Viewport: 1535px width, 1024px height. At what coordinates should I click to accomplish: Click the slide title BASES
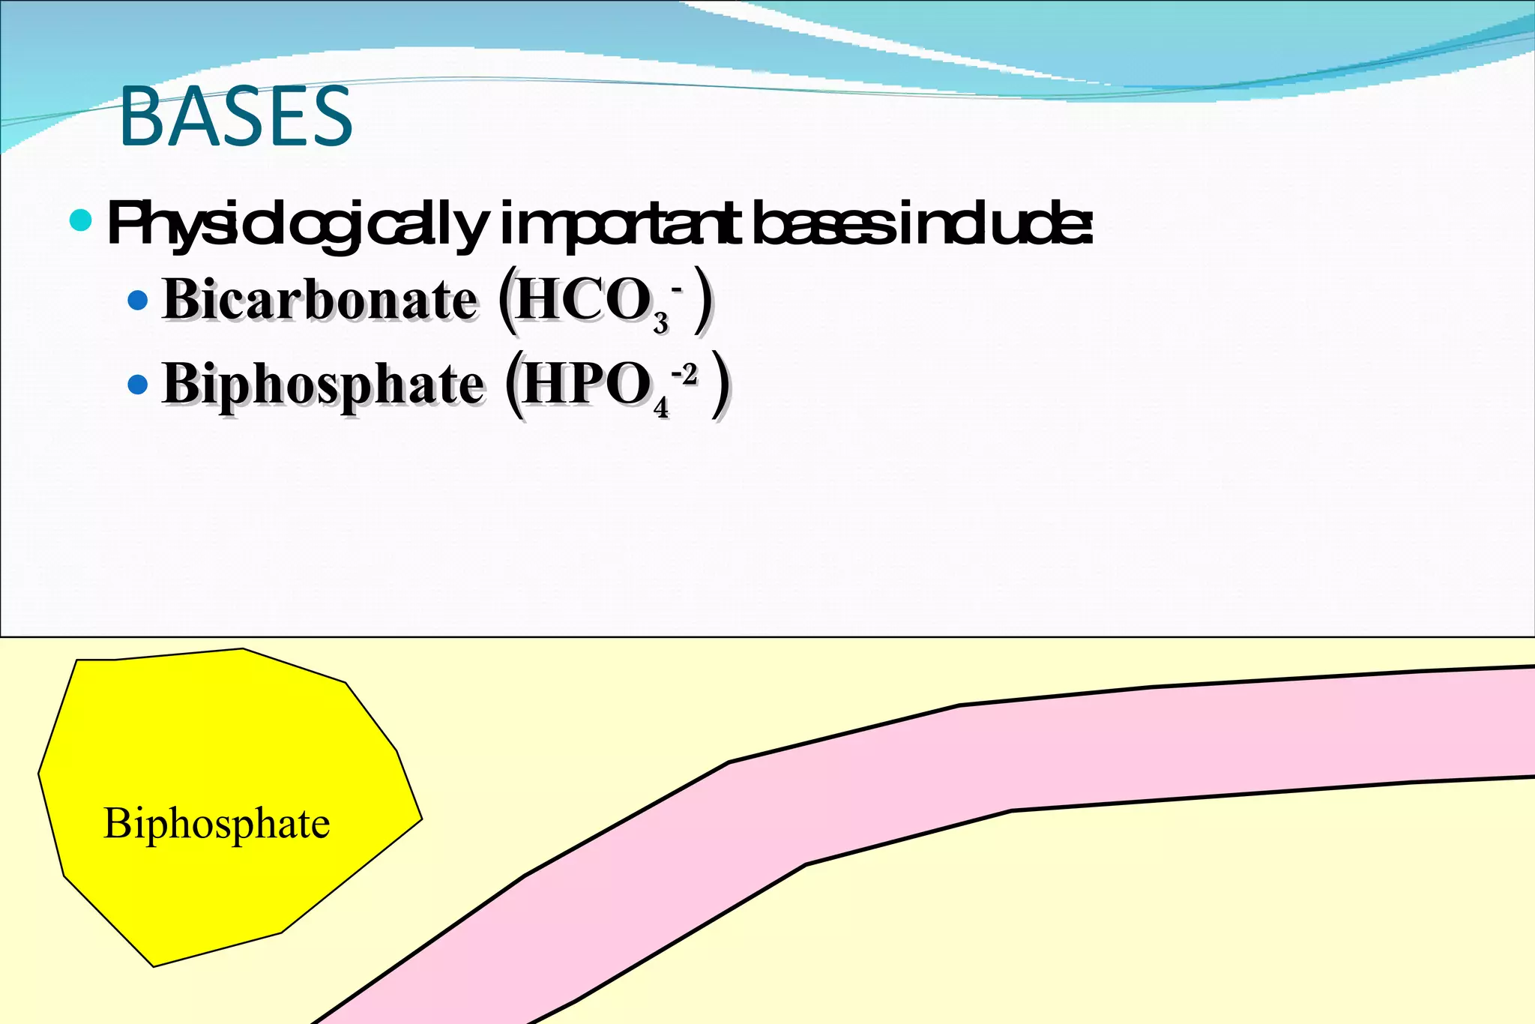pos(235,117)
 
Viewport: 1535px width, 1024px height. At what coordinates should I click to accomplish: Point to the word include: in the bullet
pos(997,224)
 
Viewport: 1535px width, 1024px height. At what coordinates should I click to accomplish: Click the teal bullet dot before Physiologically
pos(80,220)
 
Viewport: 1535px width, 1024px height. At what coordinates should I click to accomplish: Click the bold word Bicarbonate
pos(319,300)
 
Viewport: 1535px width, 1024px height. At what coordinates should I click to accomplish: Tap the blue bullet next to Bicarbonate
pos(138,301)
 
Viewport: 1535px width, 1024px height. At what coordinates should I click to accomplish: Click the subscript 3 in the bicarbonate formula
pos(660,323)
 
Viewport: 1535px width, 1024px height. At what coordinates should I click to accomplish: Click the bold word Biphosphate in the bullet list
pos(323,385)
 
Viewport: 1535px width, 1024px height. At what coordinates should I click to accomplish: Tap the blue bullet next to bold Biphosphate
pos(138,385)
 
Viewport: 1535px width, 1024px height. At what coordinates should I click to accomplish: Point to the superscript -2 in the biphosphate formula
pos(684,373)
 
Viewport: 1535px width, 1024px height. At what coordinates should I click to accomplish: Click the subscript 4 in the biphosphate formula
pos(660,408)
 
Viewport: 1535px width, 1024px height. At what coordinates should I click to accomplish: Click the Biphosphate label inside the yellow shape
pos(217,823)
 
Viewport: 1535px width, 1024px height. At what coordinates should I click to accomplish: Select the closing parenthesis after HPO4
pos(720,385)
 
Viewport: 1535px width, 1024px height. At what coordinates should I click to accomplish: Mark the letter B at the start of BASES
pos(142,117)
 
